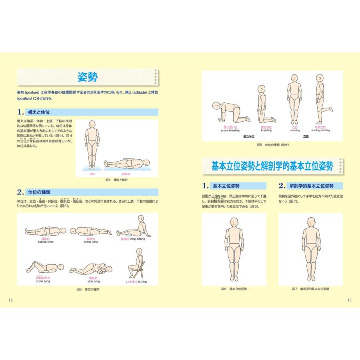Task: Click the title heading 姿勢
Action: [x=88, y=77]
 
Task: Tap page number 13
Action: [x=349, y=300]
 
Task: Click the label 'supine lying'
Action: [x=45, y=242]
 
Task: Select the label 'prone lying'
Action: [x=90, y=242]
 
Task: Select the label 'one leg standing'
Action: [x=321, y=130]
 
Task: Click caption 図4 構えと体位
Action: [x=116, y=180]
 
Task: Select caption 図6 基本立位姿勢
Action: [x=234, y=289]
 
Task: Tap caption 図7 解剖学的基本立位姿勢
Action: [x=310, y=289]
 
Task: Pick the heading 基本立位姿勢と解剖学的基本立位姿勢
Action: [x=272, y=166]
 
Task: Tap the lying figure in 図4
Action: [x=127, y=163]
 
